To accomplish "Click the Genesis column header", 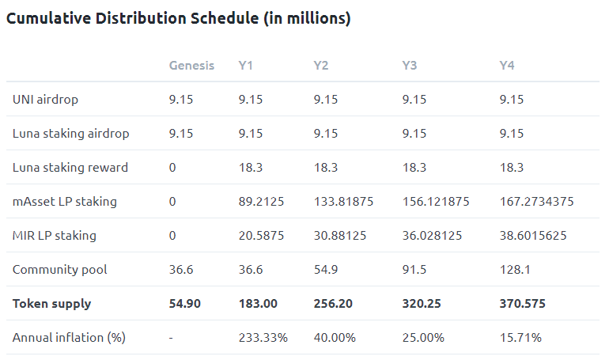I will coord(191,65).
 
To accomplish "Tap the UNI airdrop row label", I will coord(45,100).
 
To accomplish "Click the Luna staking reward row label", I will coord(70,168).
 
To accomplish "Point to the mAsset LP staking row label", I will coord(65,202).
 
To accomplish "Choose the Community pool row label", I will coord(60,270).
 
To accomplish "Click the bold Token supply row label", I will coord(52,303).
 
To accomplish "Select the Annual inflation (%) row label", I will coord(69,338).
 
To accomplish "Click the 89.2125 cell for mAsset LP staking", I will coord(263,202).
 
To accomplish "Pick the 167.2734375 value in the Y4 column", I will coord(536,202).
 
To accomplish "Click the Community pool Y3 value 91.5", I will coord(414,270).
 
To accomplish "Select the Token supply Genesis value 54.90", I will coord(186,303).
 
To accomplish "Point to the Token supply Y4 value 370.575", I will coord(522,303).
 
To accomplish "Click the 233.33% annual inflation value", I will coord(263,338).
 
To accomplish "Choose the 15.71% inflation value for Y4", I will coord(520,338).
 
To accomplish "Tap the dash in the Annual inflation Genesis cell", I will coord(172,338).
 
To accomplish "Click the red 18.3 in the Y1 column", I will coord(252,168).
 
